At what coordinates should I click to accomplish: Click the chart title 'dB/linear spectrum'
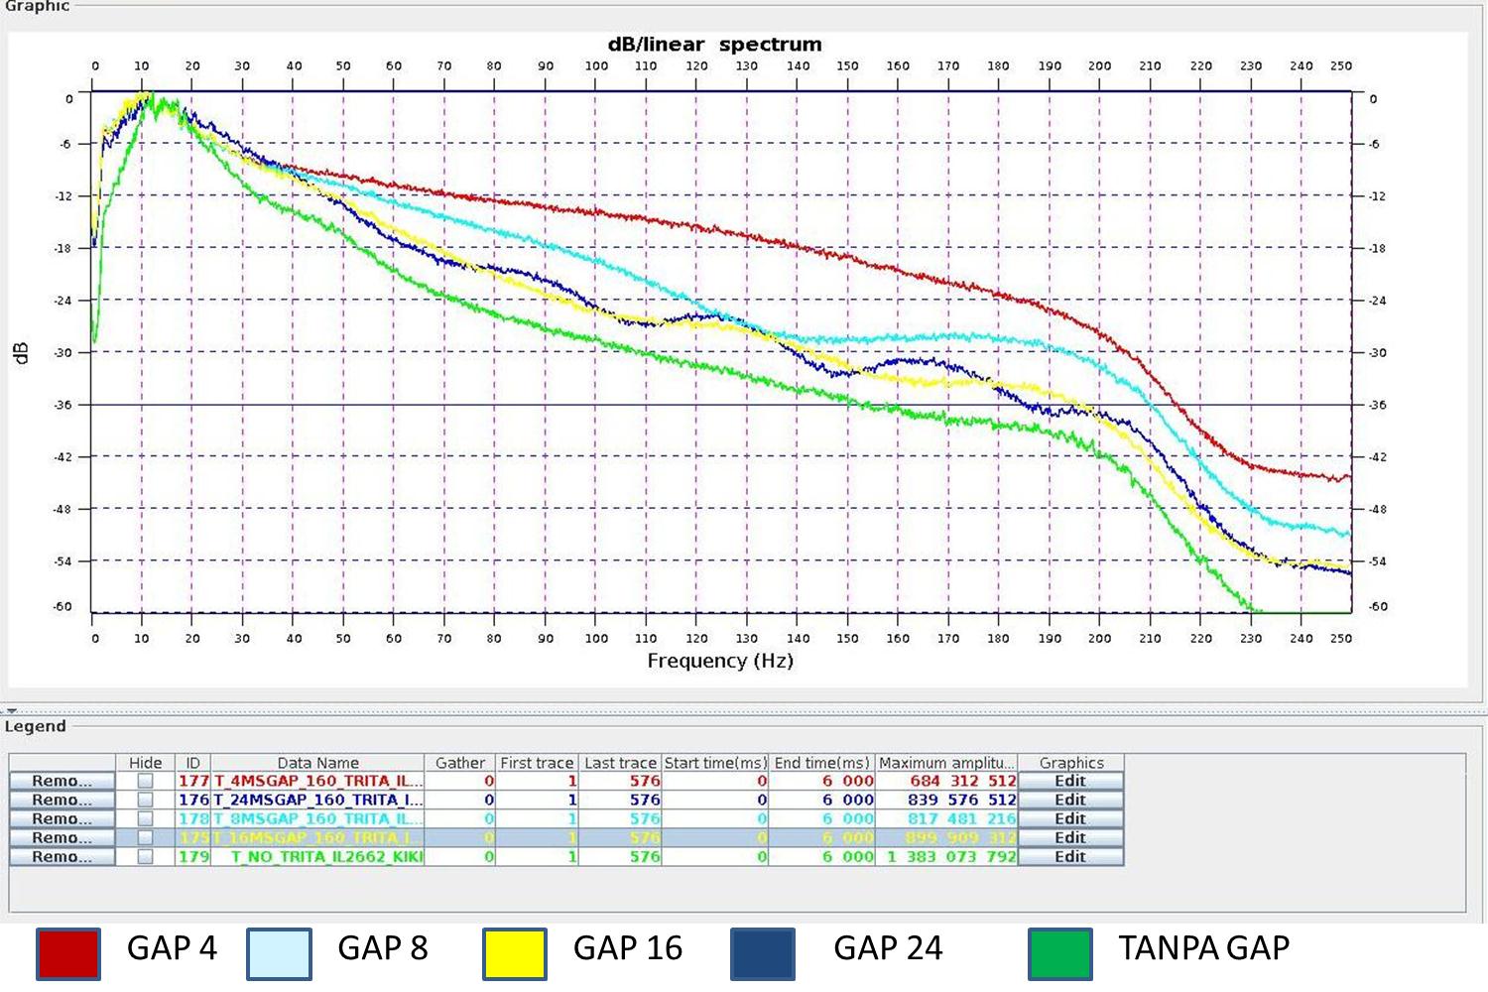coord(714,45)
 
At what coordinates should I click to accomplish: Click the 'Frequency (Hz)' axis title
coord(720,661)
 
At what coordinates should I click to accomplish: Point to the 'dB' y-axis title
coord(22,353)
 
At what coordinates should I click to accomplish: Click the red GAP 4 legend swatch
coord(68,953)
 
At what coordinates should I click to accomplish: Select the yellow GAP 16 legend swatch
coord(515,953)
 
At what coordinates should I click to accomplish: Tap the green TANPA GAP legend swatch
coord(1060,953)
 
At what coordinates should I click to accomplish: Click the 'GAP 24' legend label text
coord(888,948)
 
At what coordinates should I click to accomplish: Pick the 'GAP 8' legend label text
coord(383,948)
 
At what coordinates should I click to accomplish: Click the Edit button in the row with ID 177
coord(1070,781)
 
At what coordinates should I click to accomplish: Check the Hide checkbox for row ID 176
coord(145,800)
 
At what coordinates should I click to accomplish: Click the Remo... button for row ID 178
coord(62,818)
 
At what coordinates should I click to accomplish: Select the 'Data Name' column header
coord(317,763)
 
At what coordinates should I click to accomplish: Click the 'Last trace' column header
coord(620,763)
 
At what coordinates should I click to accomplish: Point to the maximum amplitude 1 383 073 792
coord(950,856)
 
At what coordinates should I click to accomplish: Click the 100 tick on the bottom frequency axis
coord(595,638)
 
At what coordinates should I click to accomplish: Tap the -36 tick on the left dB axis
coord(62,405)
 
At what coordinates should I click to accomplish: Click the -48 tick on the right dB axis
coord(1377,509)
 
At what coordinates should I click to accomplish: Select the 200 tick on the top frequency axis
coord(1099,65)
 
